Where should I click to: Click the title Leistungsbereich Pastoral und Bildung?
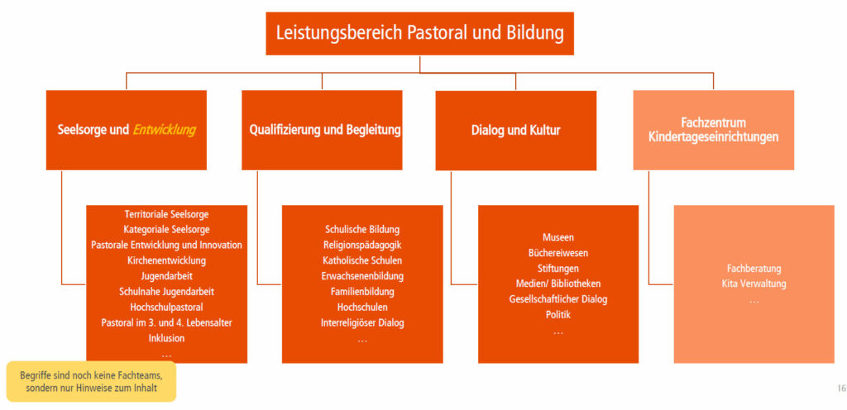point(419,33)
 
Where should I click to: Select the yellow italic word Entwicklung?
point(165,130)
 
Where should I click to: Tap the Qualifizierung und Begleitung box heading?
point(325,130)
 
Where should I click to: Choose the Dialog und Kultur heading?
point(516,130)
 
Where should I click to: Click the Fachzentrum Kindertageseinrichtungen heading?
point(713,130)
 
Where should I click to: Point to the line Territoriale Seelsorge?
point(166,214)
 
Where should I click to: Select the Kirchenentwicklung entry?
point(166,260)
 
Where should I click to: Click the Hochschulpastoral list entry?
point(166,307)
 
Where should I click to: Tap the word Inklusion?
point(166,338)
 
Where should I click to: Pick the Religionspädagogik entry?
point(362,245)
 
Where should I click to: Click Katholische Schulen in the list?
point(362,260)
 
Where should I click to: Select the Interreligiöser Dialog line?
point(362,323)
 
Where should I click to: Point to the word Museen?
point(558,237)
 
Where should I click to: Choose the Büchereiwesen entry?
point(558,252)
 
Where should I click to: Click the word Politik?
point(558,314)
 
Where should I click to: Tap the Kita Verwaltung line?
point(754,284)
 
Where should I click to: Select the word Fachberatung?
point(754,268)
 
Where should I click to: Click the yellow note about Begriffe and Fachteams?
point(91,381)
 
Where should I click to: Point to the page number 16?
point(841,388)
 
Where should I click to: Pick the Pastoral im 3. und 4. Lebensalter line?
point(166,323)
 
